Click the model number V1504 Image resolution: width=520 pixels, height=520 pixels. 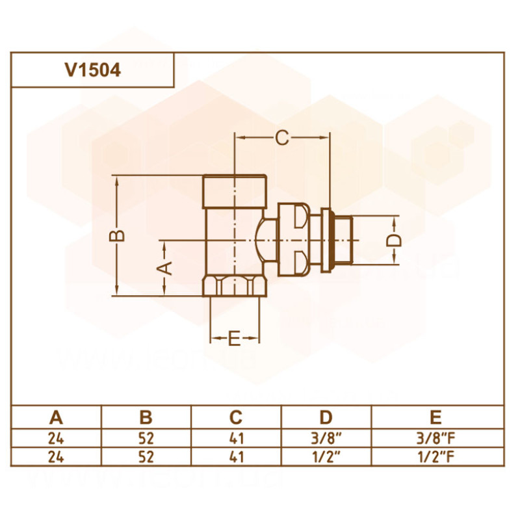tap(92, 70)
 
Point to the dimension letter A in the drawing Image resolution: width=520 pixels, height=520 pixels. tap(165, 266)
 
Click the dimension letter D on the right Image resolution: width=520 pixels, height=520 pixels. tap(395, 240)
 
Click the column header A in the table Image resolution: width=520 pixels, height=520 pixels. tap(57, 417)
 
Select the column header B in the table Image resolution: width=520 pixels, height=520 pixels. tap(146, 417)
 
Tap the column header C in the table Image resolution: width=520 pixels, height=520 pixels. tap(236, 417)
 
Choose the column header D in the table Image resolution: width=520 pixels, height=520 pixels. tap(326, 417)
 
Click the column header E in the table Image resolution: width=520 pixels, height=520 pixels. tap(436, 417)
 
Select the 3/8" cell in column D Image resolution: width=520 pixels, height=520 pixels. tap(326, 437)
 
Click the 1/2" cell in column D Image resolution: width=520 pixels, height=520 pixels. tap(326, 456)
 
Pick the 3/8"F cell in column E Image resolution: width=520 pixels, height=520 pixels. tap(436, 437)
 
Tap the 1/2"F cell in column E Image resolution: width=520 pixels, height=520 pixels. tap(436, 456)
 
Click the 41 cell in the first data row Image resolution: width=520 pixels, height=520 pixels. tap(236, 437)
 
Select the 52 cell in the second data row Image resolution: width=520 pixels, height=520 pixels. tap(146, 456)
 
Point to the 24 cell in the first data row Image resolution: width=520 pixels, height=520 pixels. tap(57, 437)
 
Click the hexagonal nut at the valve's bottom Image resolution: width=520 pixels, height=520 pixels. tap(235, 287)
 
